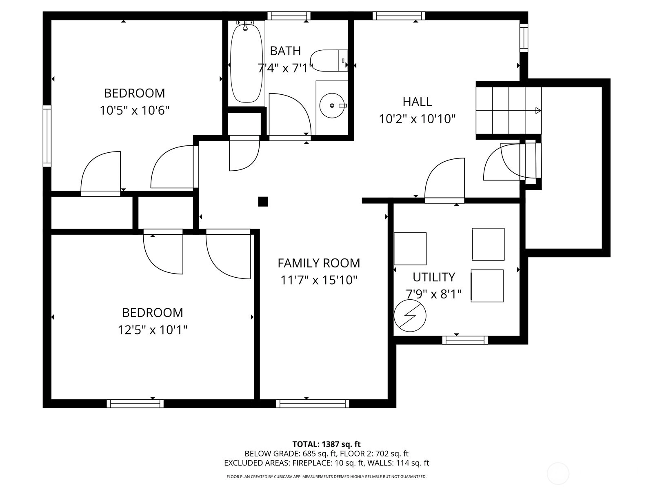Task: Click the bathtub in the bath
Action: click(x=247, y=63)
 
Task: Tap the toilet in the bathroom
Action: click(x=329, y=61)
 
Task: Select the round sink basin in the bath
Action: click(x=332, y=106)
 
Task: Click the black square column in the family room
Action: click(x=263, y=202)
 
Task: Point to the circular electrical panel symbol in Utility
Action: click(x=410, y=316)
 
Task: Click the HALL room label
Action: click(x=417, y=102)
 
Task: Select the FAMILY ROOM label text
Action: click(x=319, y=263)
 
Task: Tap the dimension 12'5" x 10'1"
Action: click(x=153, y=330)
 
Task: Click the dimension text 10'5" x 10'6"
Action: click(x=134, y=111)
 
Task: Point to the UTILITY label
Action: click(x=434, y=277)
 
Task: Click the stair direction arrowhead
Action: click(x=538, y=111)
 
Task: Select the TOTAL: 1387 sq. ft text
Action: click(x=326, y=444)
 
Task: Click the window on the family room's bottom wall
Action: click(x=312, y=403)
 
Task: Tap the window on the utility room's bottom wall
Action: click(x=465, y=340)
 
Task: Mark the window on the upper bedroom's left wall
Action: click(x=47, y=136)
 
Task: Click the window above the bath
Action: click(x=289, y=16)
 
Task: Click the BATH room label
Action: click(x=285, y=51)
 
